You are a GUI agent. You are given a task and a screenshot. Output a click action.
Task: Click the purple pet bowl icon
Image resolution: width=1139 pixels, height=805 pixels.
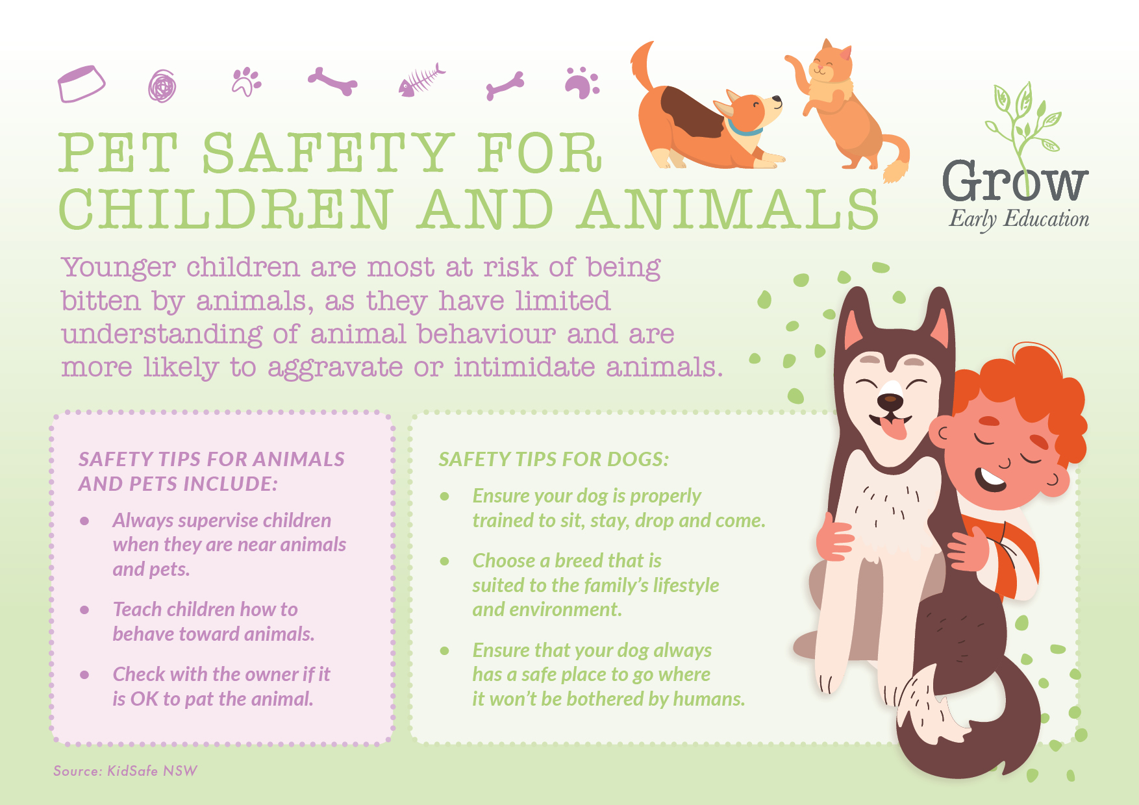click(81, 84)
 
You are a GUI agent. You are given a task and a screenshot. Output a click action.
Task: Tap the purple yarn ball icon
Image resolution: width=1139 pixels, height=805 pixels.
click(162, 86)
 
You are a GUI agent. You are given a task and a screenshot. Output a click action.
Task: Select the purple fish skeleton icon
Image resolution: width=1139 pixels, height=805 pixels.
click(422, 80)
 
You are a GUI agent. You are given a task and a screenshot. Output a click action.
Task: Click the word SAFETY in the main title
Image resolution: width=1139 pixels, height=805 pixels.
click(328, 153)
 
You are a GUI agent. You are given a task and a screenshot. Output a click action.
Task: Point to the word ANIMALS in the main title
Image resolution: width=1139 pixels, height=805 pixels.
click(729, 210)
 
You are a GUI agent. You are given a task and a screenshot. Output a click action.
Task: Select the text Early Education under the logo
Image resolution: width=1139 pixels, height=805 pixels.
click(1019, 219)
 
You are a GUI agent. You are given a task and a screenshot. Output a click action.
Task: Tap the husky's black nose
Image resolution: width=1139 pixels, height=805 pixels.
click(890, 402)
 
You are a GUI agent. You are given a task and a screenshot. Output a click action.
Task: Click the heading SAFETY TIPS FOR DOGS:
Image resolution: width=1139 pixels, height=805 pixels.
click(553, 460)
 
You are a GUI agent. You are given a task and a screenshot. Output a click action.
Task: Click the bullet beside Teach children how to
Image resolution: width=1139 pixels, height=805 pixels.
click(84, 610)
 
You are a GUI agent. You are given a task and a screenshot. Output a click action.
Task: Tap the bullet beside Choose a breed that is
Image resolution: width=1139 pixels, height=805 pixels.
click(445, 561)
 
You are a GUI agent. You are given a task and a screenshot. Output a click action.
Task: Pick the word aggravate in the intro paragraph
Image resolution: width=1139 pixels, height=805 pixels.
click(334, 368)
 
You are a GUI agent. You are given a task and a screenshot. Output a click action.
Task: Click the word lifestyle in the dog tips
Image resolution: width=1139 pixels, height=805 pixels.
click(686, 586)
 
